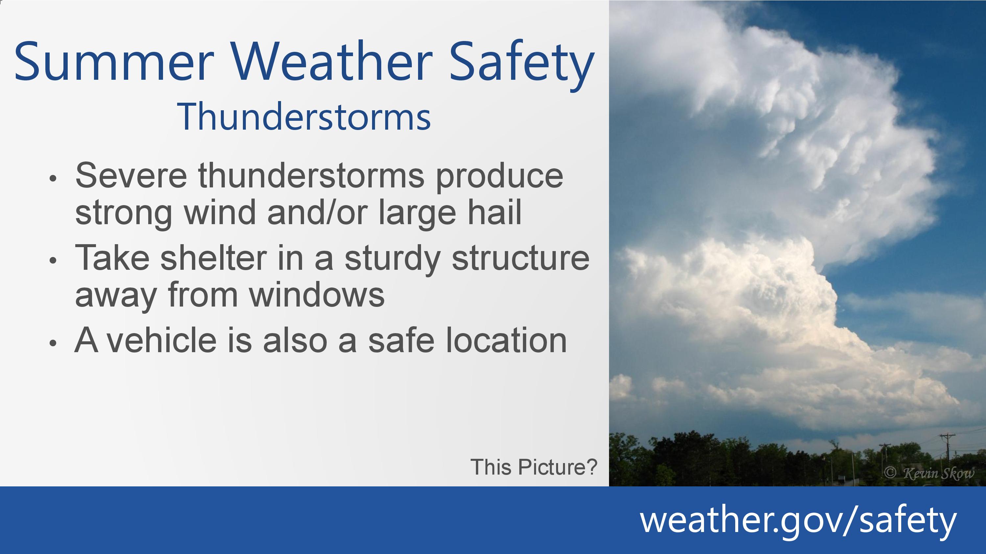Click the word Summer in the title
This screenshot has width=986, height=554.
tap(114, 61)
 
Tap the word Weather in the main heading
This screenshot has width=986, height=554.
tap(332, 61)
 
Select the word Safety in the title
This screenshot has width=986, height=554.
tap(522, 65)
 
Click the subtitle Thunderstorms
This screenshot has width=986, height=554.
tap(304, 117)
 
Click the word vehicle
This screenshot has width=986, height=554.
tap(161, 340)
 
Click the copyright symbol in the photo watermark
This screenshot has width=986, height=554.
tap(890, 473)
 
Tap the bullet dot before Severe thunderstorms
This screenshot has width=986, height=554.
tap(53, 179)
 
